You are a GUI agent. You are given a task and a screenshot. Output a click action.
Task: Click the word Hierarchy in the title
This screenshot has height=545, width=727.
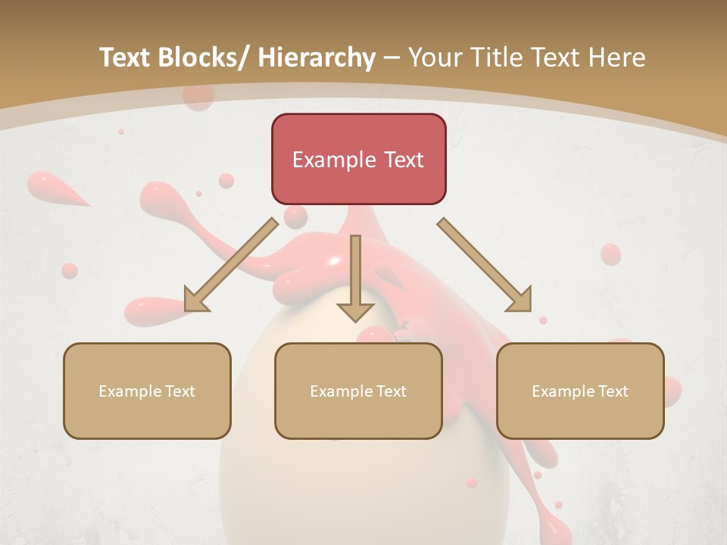(x=317, y=58)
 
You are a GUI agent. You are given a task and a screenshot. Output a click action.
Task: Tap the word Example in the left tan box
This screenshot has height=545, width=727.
(x=129, y=391)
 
